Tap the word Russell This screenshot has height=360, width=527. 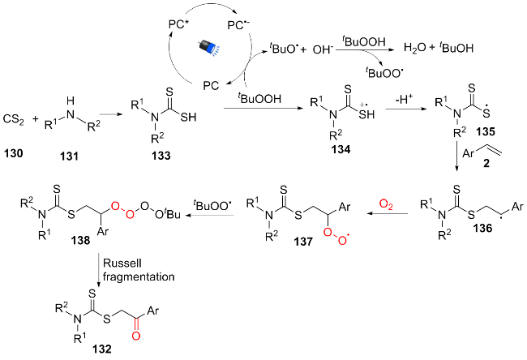[118, 264]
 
